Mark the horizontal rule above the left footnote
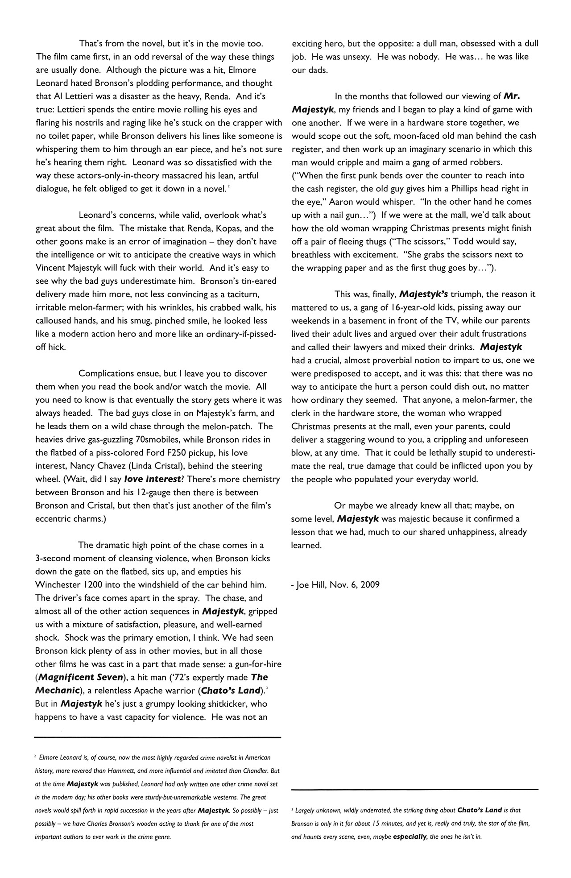coord(157,737)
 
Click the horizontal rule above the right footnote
coord(414,790)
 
